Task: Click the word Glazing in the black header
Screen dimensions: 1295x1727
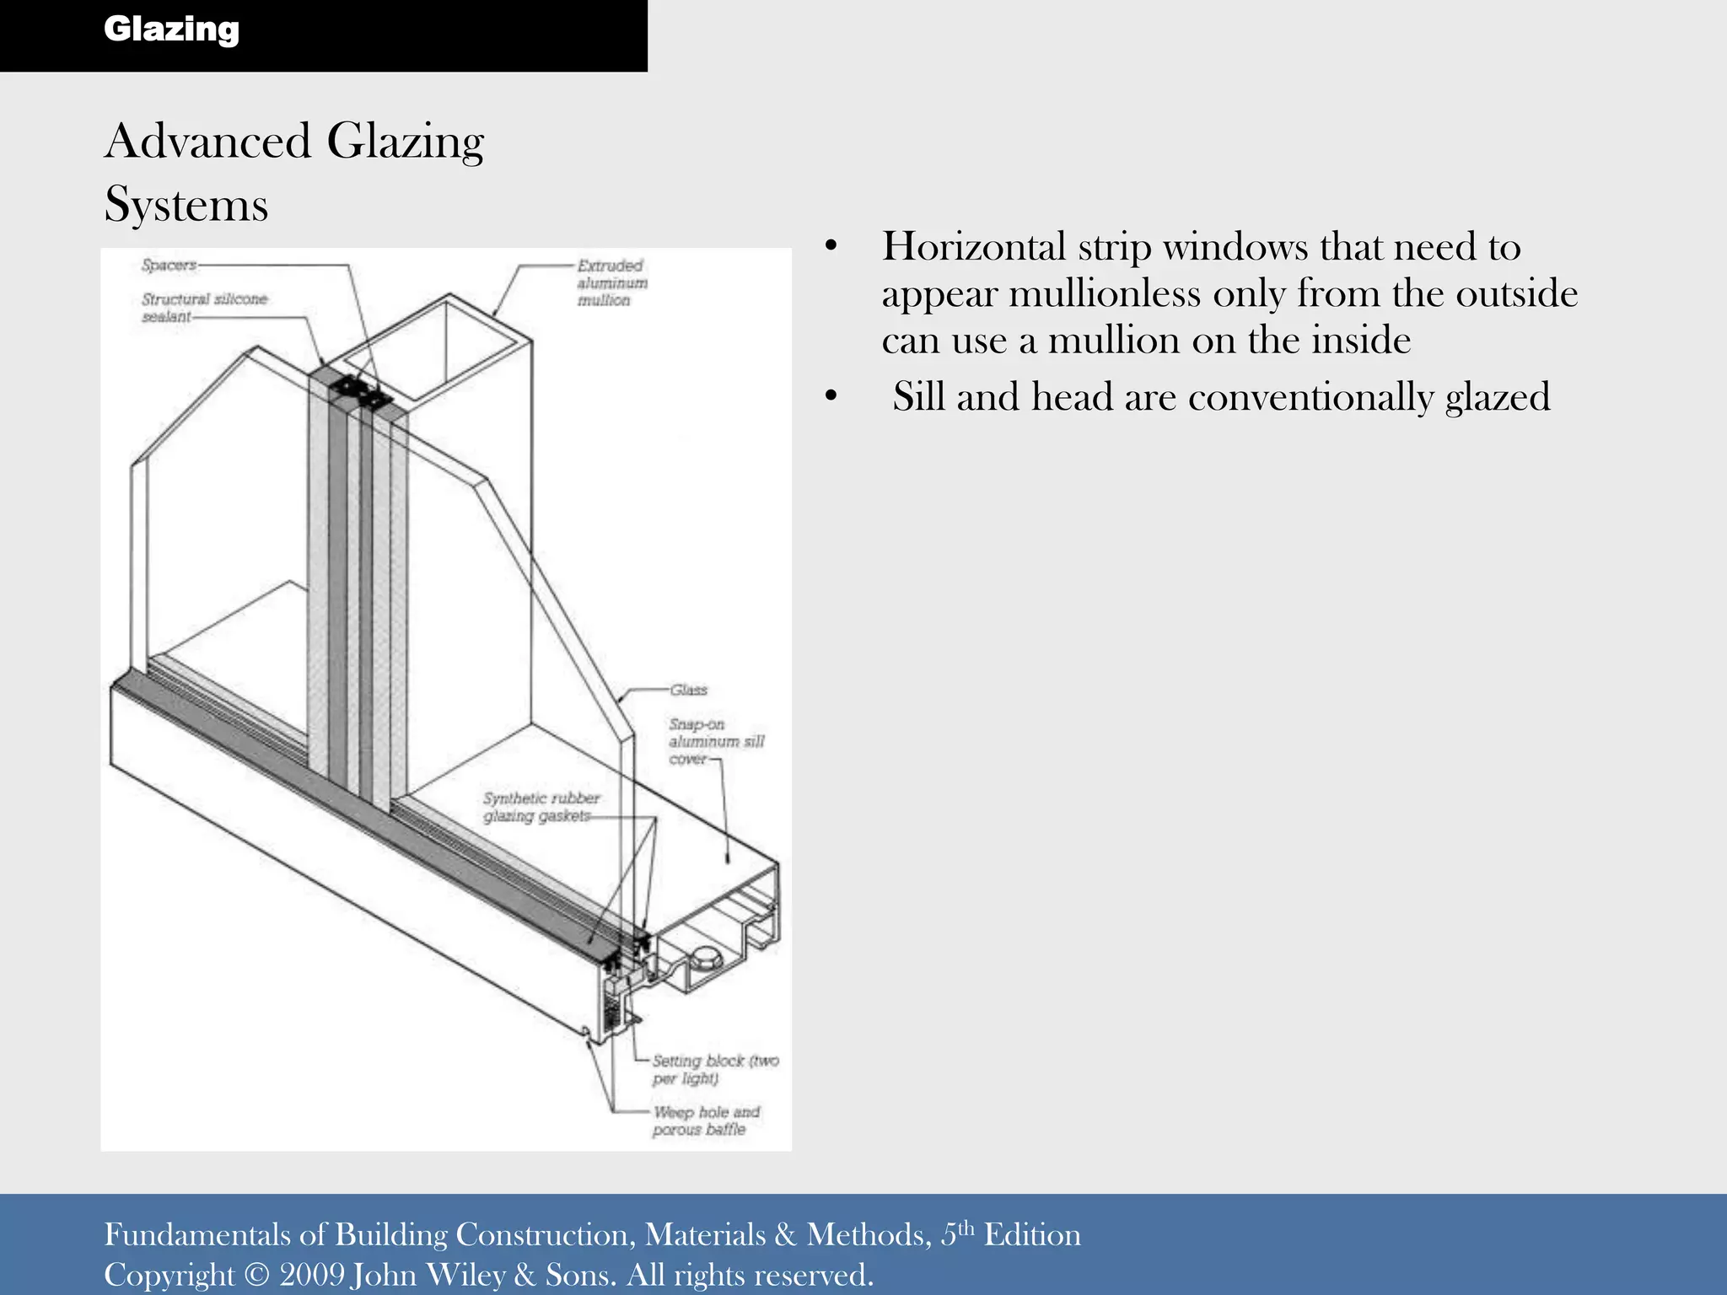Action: point(171,30)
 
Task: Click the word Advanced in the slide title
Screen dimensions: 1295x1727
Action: point(207,141)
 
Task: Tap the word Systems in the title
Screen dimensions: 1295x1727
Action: point(186,205)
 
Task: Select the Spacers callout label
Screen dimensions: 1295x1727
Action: point(169,265)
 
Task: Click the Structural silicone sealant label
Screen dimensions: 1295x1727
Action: point(203,307)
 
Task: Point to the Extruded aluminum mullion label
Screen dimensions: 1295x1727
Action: point(611,282)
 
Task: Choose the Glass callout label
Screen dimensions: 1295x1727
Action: point(688,690)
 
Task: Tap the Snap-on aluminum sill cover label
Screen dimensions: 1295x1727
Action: point(716,741)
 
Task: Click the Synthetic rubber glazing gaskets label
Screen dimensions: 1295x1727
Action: point(541,807)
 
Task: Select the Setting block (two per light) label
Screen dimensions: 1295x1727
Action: point(714,1069)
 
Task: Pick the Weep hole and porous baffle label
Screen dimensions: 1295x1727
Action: point(705,1120)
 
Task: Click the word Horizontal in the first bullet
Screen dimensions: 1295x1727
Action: point(974,247)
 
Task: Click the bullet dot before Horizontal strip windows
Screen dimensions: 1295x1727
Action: point(831,247)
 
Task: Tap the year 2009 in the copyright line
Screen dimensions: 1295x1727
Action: point(312,1274)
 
